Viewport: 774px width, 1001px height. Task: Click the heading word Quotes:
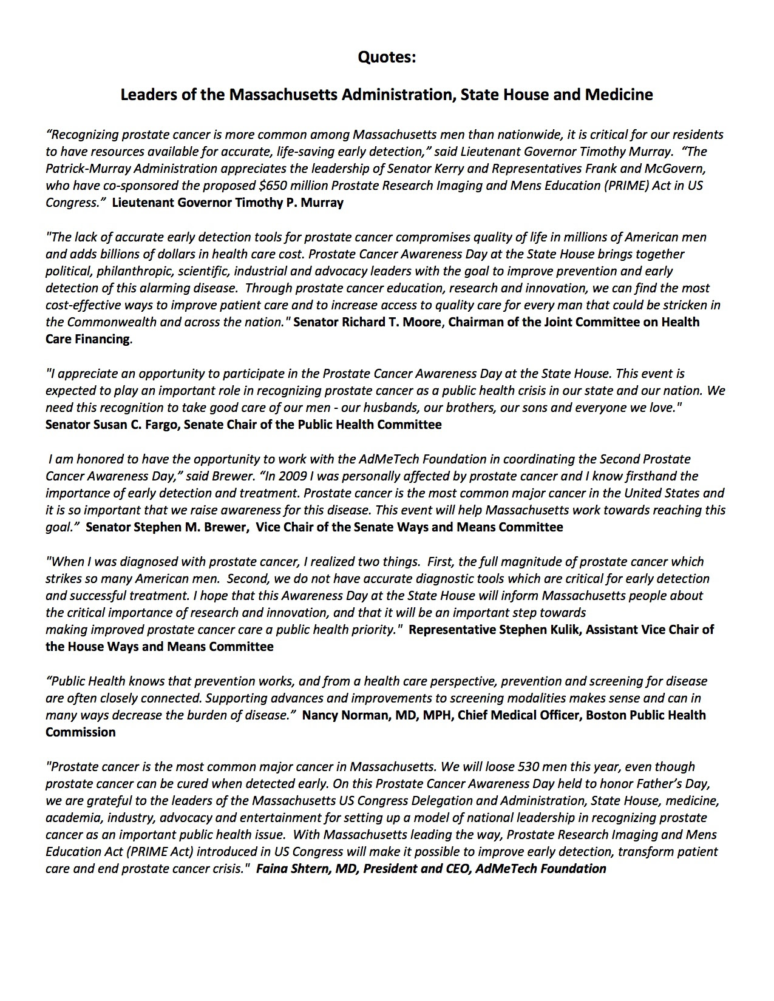coord(387,58)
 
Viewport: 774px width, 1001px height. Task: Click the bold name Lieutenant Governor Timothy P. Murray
coord(228,203)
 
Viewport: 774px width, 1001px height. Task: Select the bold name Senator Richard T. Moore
coord(367,322)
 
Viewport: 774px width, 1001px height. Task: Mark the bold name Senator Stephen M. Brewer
coord(166,527)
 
